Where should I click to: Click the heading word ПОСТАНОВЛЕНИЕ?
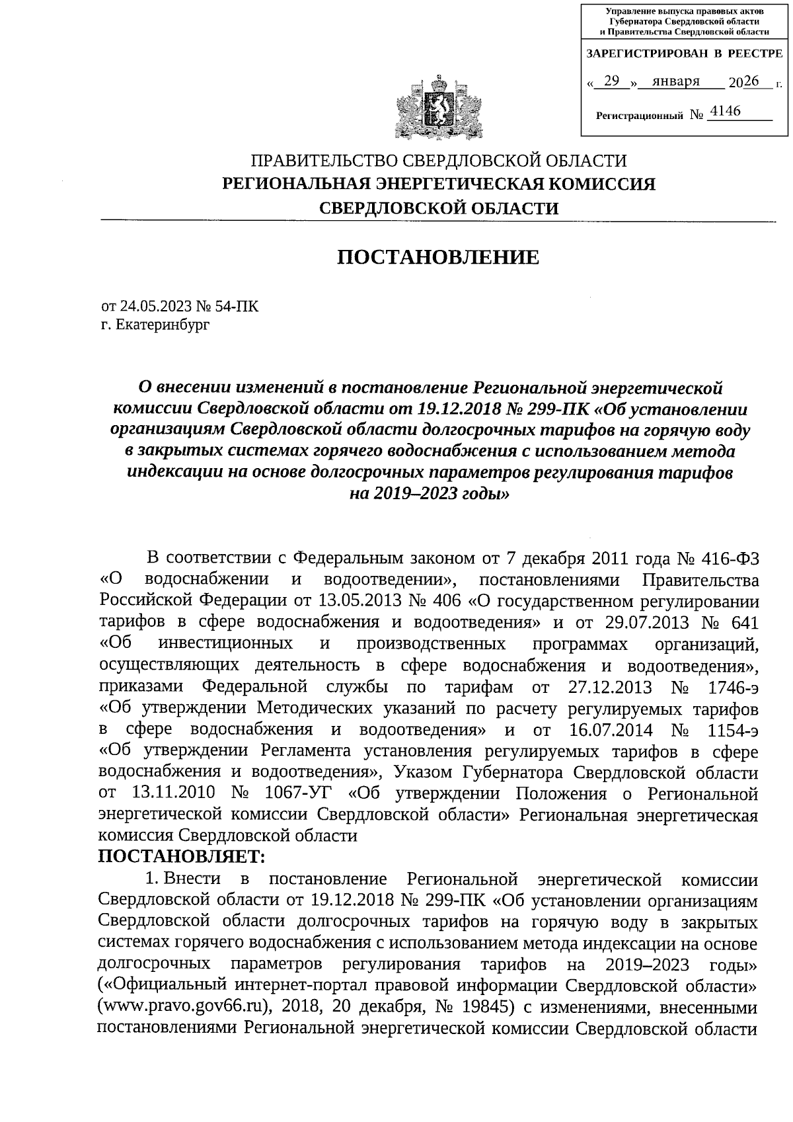(x=438, y=257)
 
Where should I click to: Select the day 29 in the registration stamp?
(x=612, y=81)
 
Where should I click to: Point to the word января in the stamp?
(x=675, y=81)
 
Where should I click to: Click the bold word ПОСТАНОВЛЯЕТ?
(x=181, y=857)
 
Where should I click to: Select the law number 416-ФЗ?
(x=726, y=557)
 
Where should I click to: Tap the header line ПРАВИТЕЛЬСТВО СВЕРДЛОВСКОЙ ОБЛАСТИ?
(x=438, y=161)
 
